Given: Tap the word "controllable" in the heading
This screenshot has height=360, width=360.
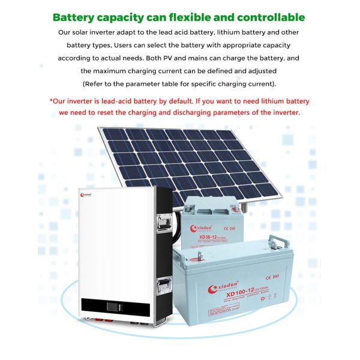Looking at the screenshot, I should click(268, 17).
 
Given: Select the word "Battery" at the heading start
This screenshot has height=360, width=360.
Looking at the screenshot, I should click(76, 17).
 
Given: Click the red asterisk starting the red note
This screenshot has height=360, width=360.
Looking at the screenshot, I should click(52, 101).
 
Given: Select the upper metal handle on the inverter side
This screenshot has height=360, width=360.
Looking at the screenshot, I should click(163, 223).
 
